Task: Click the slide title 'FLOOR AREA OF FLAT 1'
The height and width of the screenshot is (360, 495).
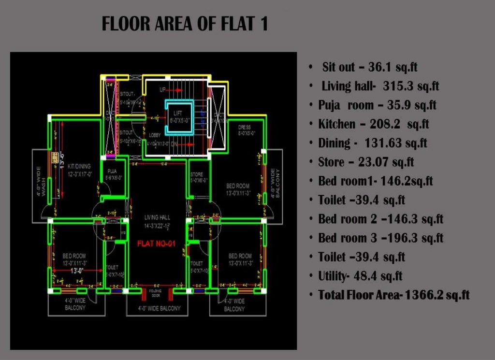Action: pyautogui.click(x=185, y=24)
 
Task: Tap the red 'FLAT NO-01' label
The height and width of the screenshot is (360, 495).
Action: pyautogui.click(x=156, y=244)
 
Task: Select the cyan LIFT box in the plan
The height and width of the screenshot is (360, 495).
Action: pyautogui.click(x=179, y=118)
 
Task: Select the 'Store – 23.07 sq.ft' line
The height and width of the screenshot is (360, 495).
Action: pyautogui.click(x=366, y=162)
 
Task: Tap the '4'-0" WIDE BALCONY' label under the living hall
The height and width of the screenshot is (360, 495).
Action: pyautogui.click(x=159, y=308)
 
